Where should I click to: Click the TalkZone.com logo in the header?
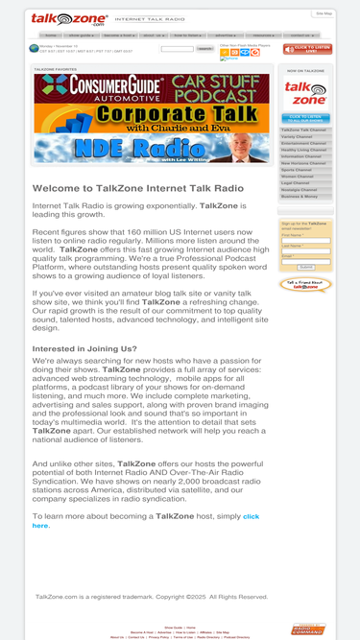click(x=57, y=18)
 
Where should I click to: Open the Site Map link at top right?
click(x=323, y=13)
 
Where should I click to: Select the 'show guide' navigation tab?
click(x=81, y=36)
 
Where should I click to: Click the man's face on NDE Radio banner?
click(x=251, y=148)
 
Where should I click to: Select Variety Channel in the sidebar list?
click(x=297, y=136)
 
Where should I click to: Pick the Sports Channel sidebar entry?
click(x=297, y=170)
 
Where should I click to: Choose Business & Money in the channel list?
click(x=299, y=196)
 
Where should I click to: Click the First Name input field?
click(x=305, y=240)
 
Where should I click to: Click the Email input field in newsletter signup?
click(x=305, y=260)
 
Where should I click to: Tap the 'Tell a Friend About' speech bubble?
click(x=305, y=285)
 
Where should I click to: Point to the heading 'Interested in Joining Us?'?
click(x=84, y=349)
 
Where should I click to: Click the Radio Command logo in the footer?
click(x=307, y=629)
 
